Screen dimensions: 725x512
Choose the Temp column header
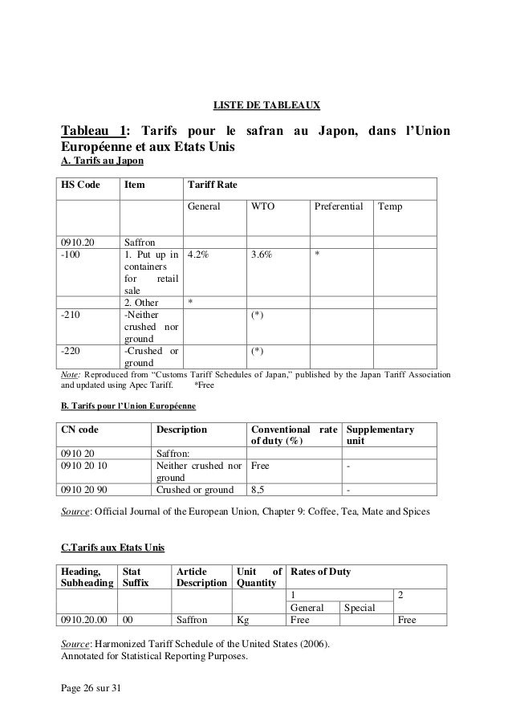coord(391,207)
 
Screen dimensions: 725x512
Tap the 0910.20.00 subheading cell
coord(85,620)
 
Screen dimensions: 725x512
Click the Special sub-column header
coord(359,608)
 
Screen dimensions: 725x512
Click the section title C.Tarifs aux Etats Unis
coord(113,548)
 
